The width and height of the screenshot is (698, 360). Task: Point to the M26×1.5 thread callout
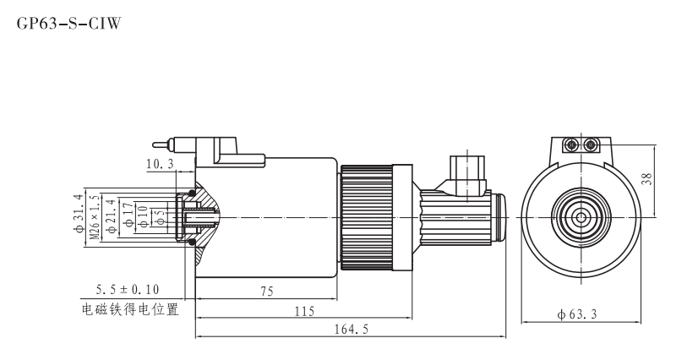click(93, 216)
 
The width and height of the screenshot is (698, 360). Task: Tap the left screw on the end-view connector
click(572, 145)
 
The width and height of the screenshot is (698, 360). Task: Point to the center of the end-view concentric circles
click(581, 217)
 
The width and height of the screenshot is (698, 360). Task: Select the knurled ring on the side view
click(366, 217)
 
